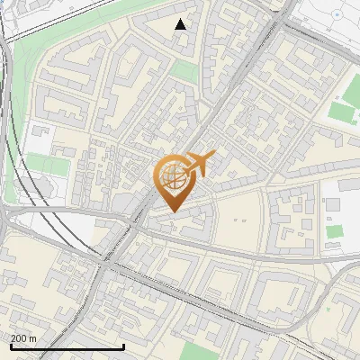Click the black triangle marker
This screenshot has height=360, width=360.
181,24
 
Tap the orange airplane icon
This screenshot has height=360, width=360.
201,164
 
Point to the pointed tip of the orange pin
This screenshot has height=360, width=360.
171,211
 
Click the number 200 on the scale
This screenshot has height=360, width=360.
18,338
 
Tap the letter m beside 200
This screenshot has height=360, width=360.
33,338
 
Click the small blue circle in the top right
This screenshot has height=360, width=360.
337,15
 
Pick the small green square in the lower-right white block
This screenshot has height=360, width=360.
334,231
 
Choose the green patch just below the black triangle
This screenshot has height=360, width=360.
184,71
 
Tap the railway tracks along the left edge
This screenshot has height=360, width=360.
10,135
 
